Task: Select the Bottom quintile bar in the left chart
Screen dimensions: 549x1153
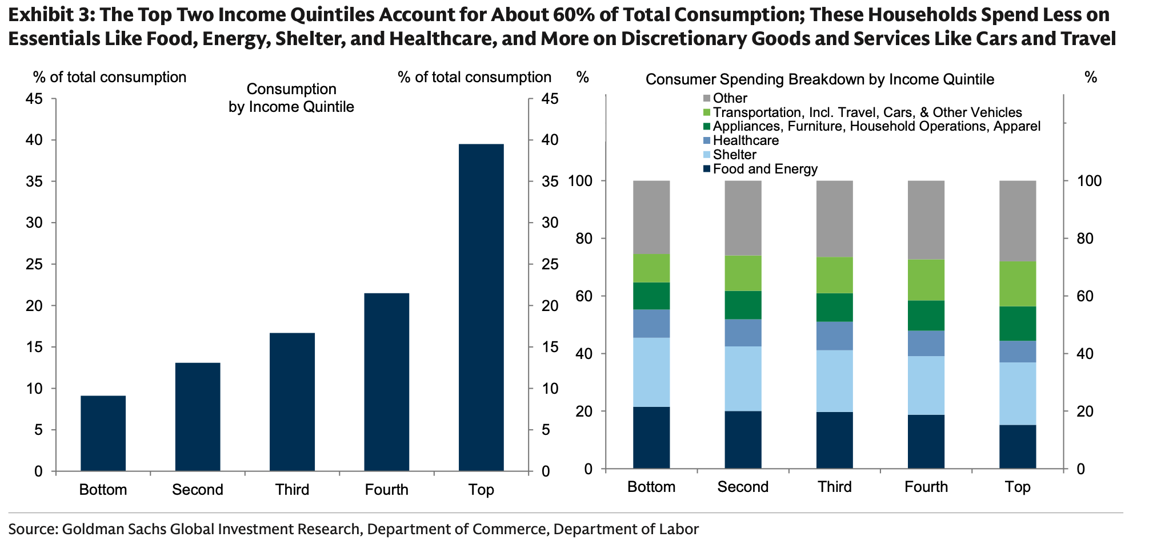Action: pyautogui.click(x=103, y=433)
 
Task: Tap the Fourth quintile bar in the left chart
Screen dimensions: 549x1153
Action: pyautogui.click(x=387, y=382)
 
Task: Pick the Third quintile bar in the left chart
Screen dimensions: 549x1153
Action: pyautogui.click(x=292, y=402)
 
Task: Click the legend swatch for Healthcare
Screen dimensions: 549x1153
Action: pyautogui.click(x=707, y=140)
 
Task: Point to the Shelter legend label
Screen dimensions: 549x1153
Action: pyautogui.click(x=734, y=155)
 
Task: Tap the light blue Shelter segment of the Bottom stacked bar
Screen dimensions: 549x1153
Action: pyautogui.click(x=651, y=372)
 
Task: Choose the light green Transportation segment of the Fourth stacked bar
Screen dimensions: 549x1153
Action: pyautogui.click(x=926, y=280)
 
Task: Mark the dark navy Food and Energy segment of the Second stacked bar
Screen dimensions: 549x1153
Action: pyautogui.click(x=743, y=439)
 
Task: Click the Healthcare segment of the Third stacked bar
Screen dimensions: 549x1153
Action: pyautogui.click(x=835, y=336)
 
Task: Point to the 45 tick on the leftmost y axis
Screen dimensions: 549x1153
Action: pyautogui.click(x=34, y=99)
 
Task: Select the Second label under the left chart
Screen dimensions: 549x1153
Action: pyautogui.click(x=197, y=490)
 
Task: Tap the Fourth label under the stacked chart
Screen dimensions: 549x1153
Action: pyautogui.click(x=926, y=487)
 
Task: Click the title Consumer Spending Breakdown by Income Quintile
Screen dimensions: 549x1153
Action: pyautogui.click(x=819, y=79)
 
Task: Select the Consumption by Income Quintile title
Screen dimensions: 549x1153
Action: pyautogui.click(x=291, y=98)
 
